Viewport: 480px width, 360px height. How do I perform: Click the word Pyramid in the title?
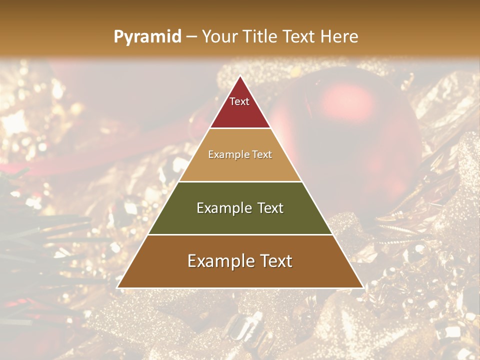pos(147,37)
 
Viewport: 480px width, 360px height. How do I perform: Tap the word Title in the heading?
pos(260,36)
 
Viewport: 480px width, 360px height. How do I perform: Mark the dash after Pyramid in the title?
pos(191,37)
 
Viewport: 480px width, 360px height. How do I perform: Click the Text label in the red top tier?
pos(239,101)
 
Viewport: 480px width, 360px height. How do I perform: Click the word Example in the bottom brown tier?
pos(216,261)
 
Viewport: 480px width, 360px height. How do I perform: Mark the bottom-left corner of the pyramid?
pos(117,287)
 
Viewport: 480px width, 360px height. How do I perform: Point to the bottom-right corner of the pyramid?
pos(363,287)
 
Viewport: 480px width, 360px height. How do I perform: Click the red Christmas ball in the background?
pos(360,130)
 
